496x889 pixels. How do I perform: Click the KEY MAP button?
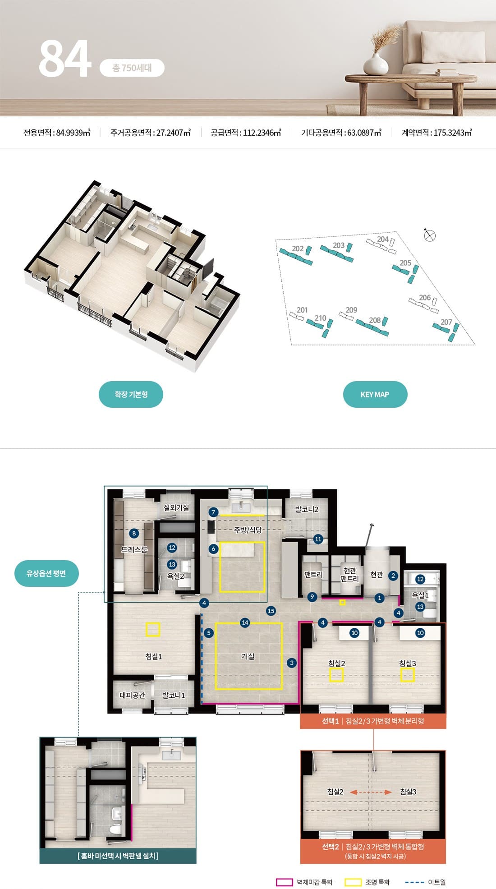coord(375,394)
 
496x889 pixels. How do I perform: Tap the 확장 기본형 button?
coord(131,394)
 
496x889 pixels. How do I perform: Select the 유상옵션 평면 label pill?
coord(46,573)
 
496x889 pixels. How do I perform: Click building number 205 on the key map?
coord(405,263)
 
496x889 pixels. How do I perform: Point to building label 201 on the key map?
coord(302,310)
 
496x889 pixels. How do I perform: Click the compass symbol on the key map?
coord(430,235)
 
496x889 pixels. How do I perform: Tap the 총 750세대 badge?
coord(132,68)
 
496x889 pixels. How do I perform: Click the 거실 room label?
coord(248,656)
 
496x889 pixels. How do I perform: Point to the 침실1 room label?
coord(154,656)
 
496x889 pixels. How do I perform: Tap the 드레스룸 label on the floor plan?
coord(134,550)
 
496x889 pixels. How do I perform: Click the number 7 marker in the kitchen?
coord(214,512)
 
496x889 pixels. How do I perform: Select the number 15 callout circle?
coord(271,611)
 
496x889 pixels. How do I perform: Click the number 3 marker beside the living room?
coord(292,663)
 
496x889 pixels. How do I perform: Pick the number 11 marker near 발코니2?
coord(318,539)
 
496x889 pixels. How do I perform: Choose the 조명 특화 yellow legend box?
coord(353,882)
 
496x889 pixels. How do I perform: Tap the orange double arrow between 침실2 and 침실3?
coord(371,792)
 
